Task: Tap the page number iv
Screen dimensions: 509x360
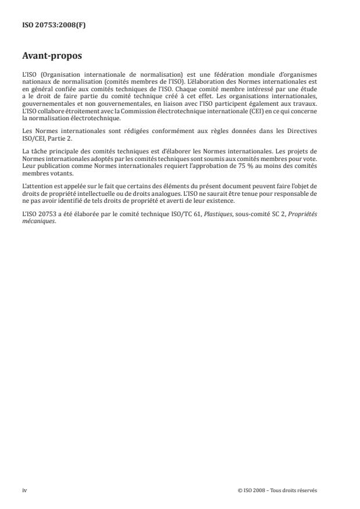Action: click(25, 490)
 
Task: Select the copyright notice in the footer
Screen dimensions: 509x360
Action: click(277, 490)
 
